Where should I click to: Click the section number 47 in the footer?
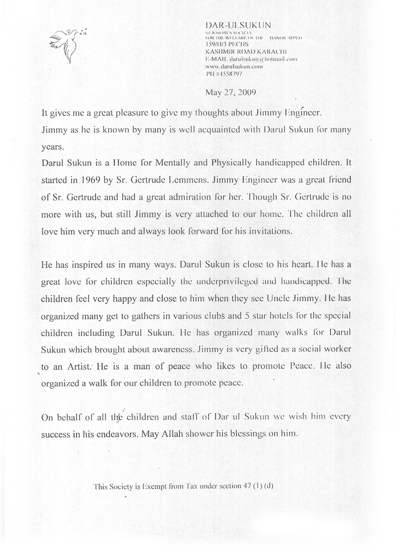(x=246, y=485)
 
